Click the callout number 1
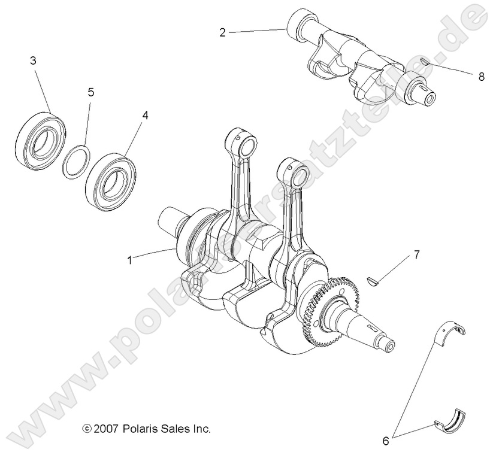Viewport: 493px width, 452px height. click(x=129, y=260)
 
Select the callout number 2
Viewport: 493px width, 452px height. click(x=222, y=32)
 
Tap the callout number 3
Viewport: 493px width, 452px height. click(x=33, y=60)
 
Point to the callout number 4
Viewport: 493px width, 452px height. click(x=144, y=114)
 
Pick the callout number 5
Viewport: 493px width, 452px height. click(x=90, y=92)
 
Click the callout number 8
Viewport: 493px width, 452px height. click(x=481, y=77)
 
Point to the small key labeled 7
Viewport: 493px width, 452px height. click(x=371, y=280)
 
